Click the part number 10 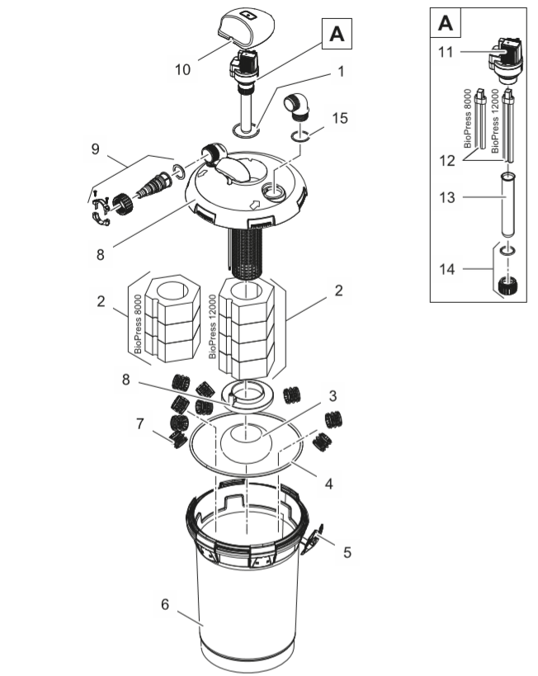pos(183,69)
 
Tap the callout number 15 pos(340,118)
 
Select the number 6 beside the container pos(165,604)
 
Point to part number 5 pos(347,551)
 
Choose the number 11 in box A pos(447,52)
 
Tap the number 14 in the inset pos(447,268)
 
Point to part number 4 pos(328,484)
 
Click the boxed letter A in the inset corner pos(445,23)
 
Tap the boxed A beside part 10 pos(337,34)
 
